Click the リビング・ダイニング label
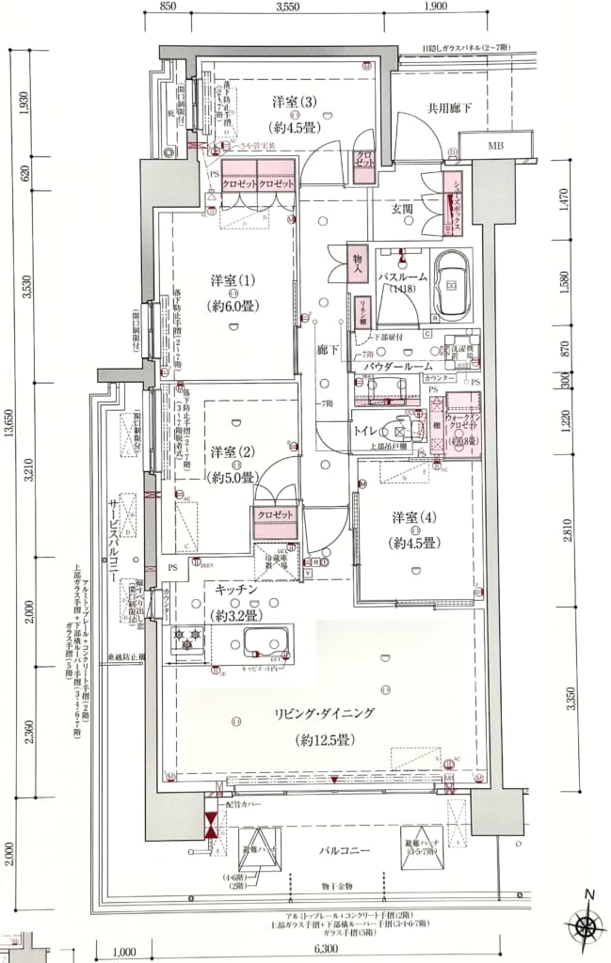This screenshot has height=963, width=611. tap(325, 714)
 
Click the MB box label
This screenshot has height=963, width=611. tap(494, 148)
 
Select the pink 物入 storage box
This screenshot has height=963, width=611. tap(358, 260)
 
